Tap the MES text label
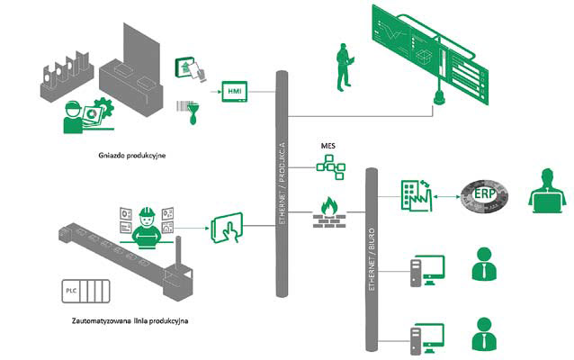[x=327, y=144]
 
